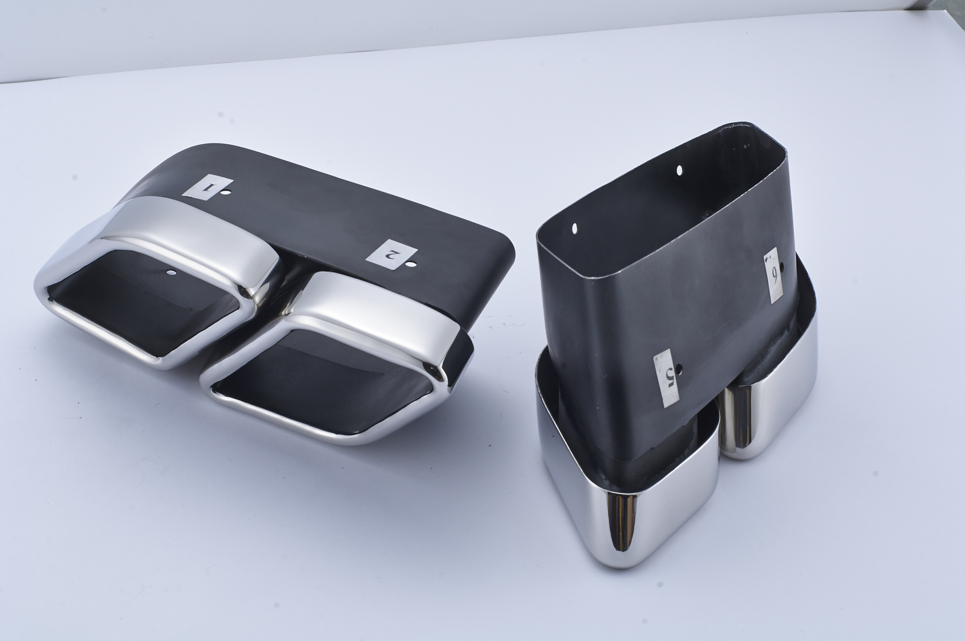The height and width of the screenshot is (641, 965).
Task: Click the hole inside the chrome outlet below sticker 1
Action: [x=172, y=273]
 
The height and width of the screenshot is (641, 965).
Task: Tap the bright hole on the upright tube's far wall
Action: [x=679, y=170]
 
